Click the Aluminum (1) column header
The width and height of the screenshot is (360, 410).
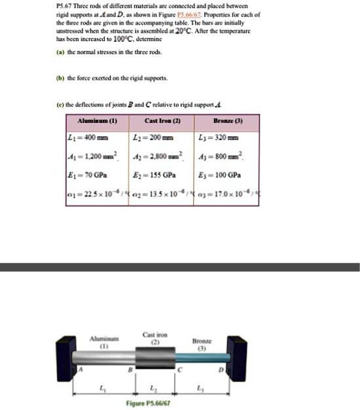click(97, 122)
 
